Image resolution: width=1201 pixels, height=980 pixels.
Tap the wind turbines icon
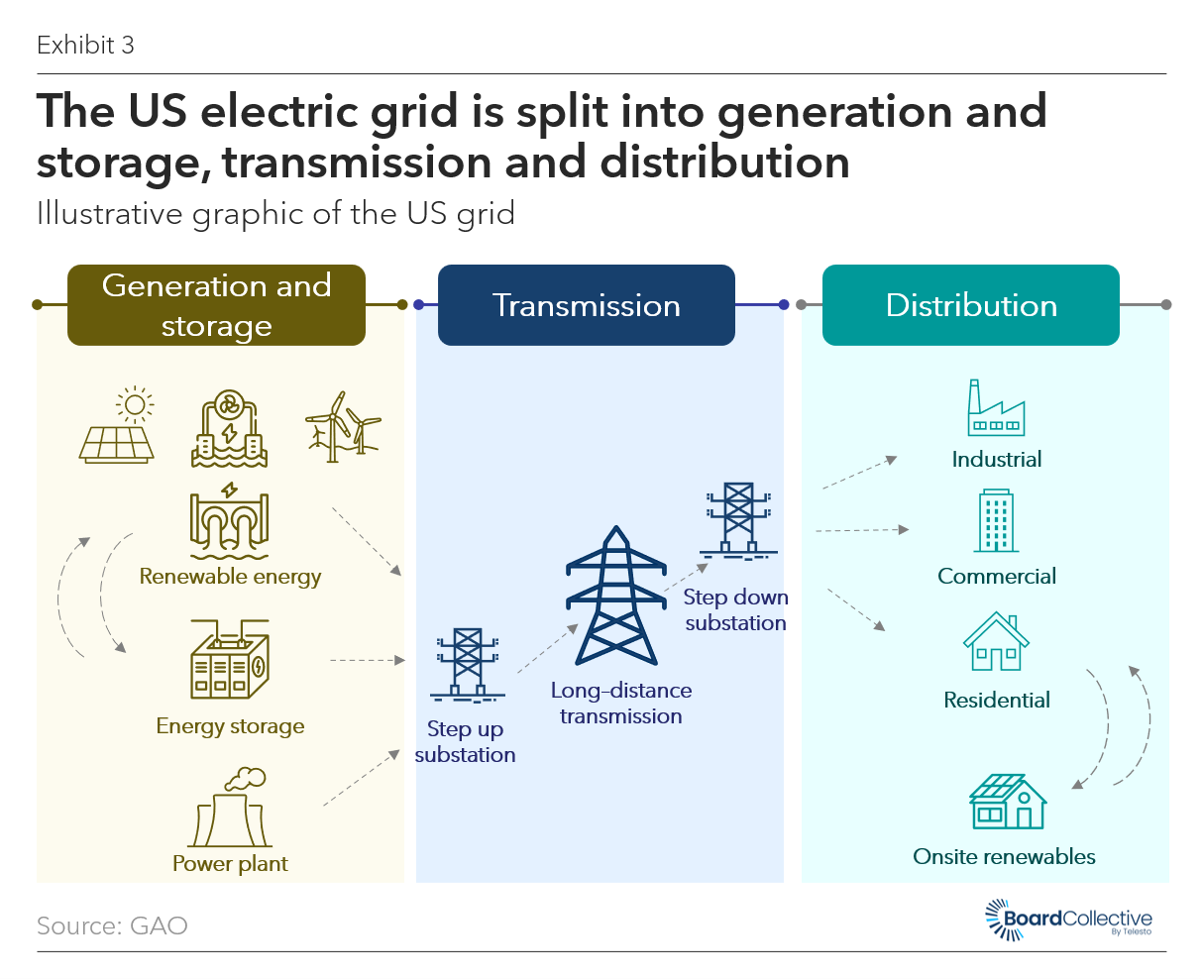pos(342,426)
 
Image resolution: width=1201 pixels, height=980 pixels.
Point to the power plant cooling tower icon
pos(230,808)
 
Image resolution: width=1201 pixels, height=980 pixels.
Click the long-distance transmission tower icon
pos(616,596)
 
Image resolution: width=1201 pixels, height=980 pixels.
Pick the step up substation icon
pos(468,665)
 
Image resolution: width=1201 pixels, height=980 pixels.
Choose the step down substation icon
pos(738,520)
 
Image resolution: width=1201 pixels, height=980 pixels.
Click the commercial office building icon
pos(996,520)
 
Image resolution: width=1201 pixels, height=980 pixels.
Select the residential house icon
pos(996,641)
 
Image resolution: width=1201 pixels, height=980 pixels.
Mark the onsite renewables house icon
pos(1008,802)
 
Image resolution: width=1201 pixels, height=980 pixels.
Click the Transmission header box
pos(587,304)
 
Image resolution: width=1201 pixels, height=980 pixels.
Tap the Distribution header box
pos(971,304)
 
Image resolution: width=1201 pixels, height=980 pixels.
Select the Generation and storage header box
pos(216,304)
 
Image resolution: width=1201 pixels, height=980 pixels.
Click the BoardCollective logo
pos(1068,920)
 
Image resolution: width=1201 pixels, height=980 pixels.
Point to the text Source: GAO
pos(112,926)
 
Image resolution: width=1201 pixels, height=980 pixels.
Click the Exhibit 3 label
pos(85,45)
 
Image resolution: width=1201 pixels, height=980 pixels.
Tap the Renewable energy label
pos(230,577)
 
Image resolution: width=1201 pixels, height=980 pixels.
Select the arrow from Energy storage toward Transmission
pos(368,661)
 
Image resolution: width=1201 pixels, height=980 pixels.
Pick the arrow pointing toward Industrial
pos(860,472)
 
